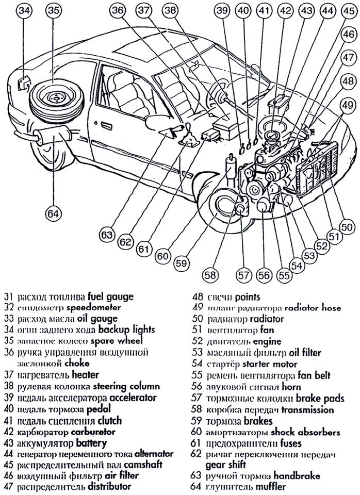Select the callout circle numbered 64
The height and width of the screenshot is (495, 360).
tap(52, 212)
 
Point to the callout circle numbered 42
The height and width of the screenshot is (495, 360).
tap(283, 11)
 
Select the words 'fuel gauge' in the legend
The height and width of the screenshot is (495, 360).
tap(110, 297)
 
